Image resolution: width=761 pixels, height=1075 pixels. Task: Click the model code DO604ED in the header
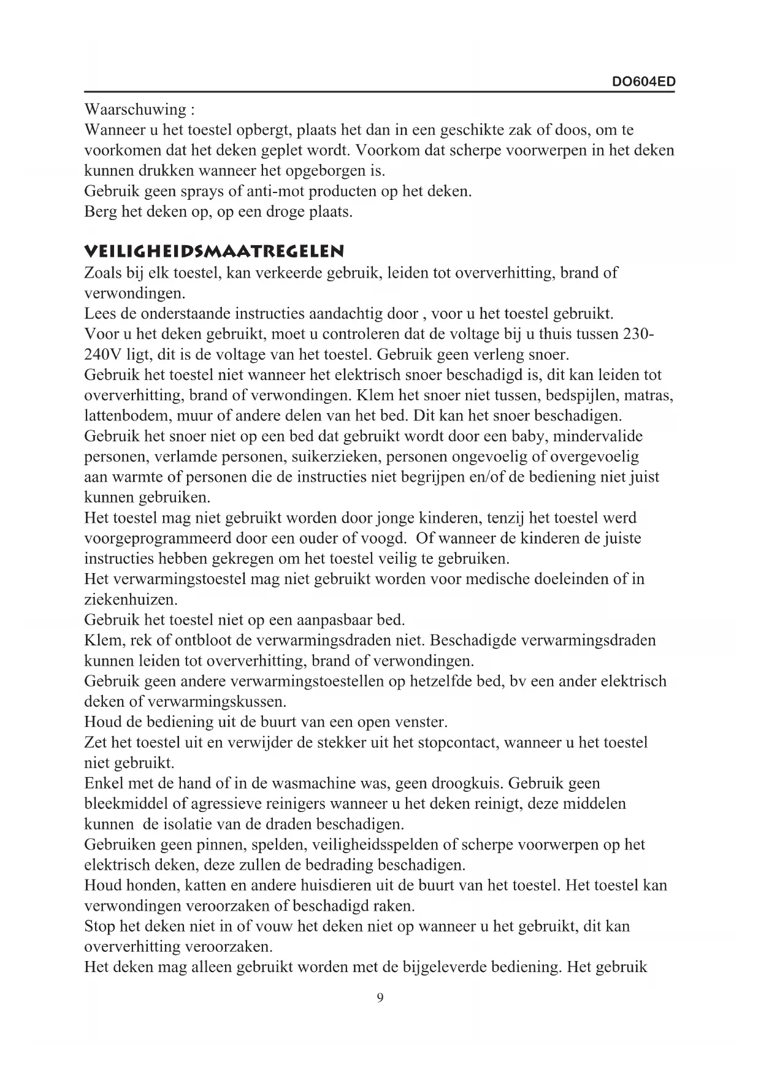644,82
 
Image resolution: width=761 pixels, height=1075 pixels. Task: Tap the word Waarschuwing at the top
135,110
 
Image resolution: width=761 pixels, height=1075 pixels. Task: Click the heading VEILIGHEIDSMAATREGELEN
214,251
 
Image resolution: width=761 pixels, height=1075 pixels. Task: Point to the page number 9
380,998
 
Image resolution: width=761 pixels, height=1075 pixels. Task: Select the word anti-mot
275,191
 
